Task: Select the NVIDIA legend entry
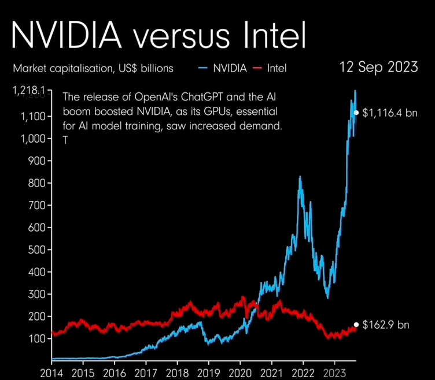point(230,68)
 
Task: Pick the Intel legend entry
point(277,68)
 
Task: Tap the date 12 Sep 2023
point(379,67)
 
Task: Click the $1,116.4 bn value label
point(390,113)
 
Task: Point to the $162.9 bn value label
point(386,325)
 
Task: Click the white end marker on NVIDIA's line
point(356,113)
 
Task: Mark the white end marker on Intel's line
point(356,325)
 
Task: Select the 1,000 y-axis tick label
point(32,139)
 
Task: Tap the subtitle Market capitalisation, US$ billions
point(93,68)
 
